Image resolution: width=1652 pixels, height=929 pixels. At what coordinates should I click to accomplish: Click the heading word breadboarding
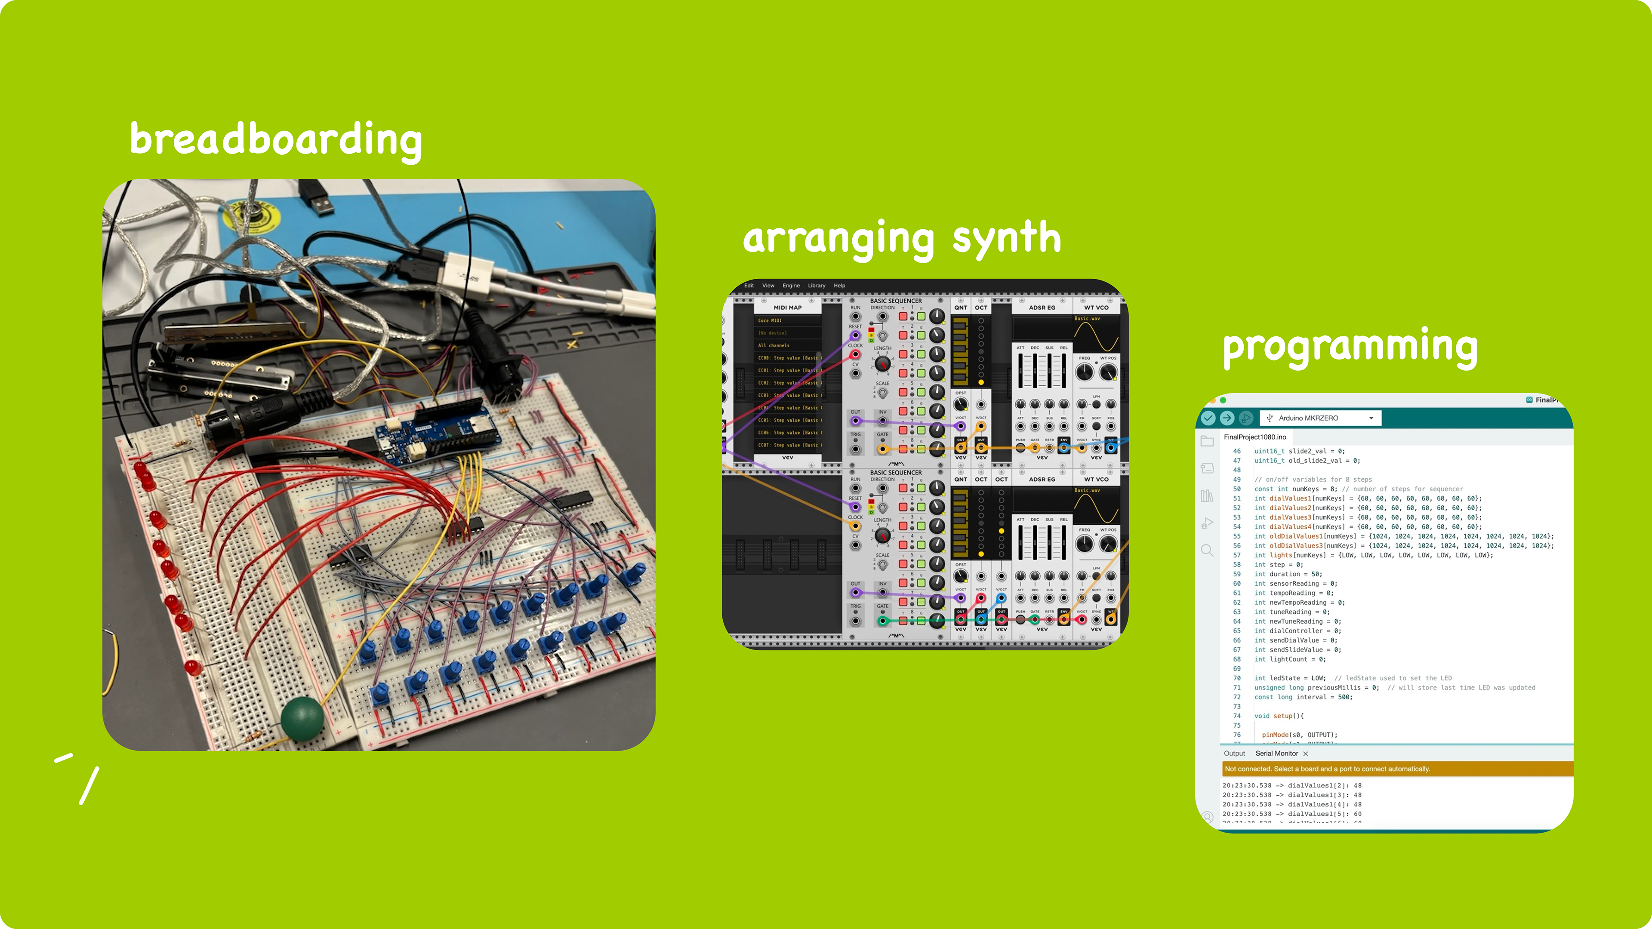[x=276, y=139]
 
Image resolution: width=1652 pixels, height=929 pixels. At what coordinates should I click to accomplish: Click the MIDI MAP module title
[x=788, y=308]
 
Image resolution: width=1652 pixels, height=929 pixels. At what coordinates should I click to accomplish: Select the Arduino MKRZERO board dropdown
[x=1320, y=418]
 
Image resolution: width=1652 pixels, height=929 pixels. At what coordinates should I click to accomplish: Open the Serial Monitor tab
[x=1276, y=754]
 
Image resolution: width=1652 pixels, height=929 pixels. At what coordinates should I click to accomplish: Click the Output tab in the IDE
[x=1234, y=754]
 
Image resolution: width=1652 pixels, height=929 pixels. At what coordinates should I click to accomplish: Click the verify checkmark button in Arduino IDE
[x=1208, y=418]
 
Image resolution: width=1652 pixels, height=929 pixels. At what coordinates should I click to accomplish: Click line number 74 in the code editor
[x=1236, y=716]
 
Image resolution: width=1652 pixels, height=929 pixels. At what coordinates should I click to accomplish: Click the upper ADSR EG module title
[x=1042, y=308]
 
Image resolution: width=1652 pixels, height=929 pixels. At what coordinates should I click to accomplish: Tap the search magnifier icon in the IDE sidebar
[x=1207, y=551]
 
